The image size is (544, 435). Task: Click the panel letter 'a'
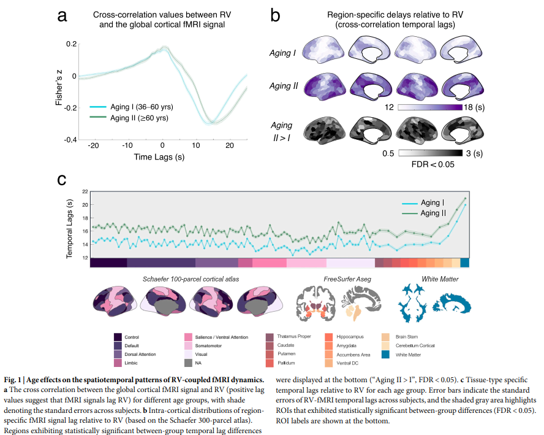(62, 16)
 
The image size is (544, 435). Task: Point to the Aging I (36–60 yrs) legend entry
(132, 107)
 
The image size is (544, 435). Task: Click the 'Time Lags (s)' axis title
(159, 157)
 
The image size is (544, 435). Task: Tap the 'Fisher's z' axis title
(59, 88)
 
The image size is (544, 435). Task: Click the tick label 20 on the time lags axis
(230, 145)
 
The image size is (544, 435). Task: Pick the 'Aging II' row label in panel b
(284, 86)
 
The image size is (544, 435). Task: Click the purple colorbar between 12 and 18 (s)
(430, 107)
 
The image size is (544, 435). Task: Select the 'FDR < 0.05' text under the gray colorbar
(433, 164)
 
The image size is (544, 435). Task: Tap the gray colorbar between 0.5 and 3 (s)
(430, 153)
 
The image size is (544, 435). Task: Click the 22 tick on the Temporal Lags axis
(85, 191)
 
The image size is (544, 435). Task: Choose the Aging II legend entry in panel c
(424, 213)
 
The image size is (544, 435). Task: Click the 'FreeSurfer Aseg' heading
(347, 279)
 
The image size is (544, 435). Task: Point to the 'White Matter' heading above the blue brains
(440, 279)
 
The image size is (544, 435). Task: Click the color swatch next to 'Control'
(118, 337)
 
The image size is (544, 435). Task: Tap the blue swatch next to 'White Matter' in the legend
(385, 355)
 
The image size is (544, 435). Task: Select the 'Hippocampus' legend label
(350, 337)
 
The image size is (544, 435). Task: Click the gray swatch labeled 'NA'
(189, 363)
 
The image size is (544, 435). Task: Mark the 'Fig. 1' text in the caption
(12, 380)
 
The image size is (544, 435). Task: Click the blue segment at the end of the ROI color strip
(464, 263)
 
